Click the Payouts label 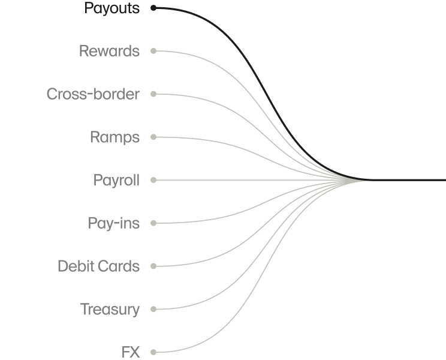point(111,8)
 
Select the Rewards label point(109,51)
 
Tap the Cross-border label point(93,94)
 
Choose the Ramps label point(114,137)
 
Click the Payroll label point(116,180)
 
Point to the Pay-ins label point(113,223)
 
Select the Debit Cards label point(98,266)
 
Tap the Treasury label point(110,309)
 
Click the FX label point(130,352)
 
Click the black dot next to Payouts point(153,8)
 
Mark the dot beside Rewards point(153,51)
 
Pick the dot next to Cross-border point(153,94)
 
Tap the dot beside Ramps point(153,137)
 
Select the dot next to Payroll point(153,180)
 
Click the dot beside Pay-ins point(153,223)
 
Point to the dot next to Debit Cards point(153,266)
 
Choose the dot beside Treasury point(153,309)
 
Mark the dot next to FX point(153,352)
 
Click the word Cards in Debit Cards point(119,266)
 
